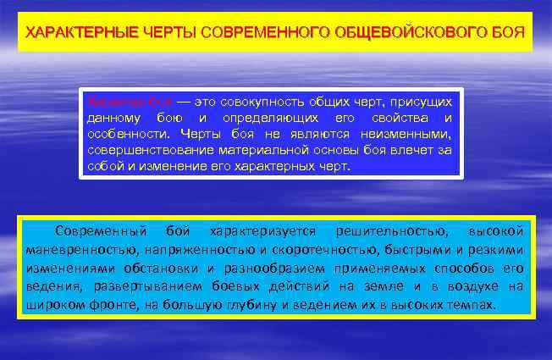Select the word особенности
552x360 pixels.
pos(125,133)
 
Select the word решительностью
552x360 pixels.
pos(388,230)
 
